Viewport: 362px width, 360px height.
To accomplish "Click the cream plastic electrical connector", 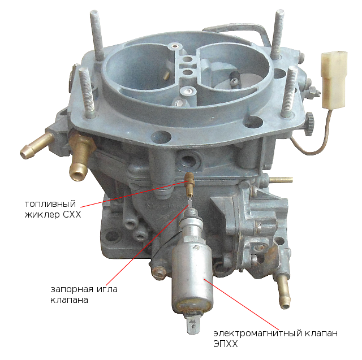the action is tap(334, 80).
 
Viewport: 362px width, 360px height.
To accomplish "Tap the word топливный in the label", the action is tap(50, 204).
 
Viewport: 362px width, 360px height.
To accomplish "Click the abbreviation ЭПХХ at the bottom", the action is tap(225, 344).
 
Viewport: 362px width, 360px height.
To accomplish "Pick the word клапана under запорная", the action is tap(69, 300).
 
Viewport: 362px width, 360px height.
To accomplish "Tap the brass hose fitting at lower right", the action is tap(283, 292).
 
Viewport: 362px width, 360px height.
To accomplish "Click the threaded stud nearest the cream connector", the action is tap(289, 92).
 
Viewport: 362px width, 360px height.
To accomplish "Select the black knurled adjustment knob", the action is tap(309, 124).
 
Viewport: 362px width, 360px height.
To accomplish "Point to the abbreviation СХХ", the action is tap(72, 215).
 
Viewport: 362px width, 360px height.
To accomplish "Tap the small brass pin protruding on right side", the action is tap(281, 179).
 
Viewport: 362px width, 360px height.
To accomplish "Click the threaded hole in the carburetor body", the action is tap(188, 159).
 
